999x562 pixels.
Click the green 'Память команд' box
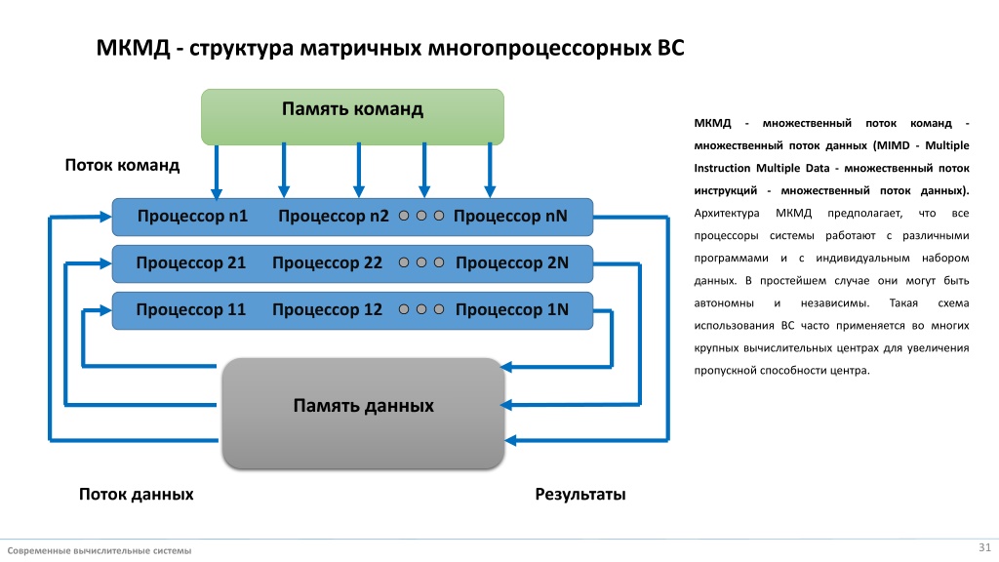pos(352,117)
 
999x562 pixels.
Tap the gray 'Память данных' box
pos(363,413)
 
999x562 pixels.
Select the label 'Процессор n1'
pos(192,216)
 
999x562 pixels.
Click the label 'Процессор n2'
pos(334,216)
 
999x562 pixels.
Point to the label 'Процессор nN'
pos(510,216)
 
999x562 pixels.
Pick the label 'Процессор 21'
pos(190,262)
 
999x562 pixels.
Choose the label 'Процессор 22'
pos(327,262)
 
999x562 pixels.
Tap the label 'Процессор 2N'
pos(511,262)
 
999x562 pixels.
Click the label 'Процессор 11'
pos(190,309)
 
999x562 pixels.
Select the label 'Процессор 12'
pos(327,309)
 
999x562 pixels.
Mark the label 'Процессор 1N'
pos(511,309)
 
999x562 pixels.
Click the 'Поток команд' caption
pos(122,165)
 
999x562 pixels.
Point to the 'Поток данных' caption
pos(137,494)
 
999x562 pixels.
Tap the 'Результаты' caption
pos(580,494)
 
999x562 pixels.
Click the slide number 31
pos(985,547)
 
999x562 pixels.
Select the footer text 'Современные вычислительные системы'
pos(100,550)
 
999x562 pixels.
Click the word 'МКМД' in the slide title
pos(133,48)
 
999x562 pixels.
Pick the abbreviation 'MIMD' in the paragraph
pos(892,145)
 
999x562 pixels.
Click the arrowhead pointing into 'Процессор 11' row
pos(105,310)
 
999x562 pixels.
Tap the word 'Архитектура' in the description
pos(726,213)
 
